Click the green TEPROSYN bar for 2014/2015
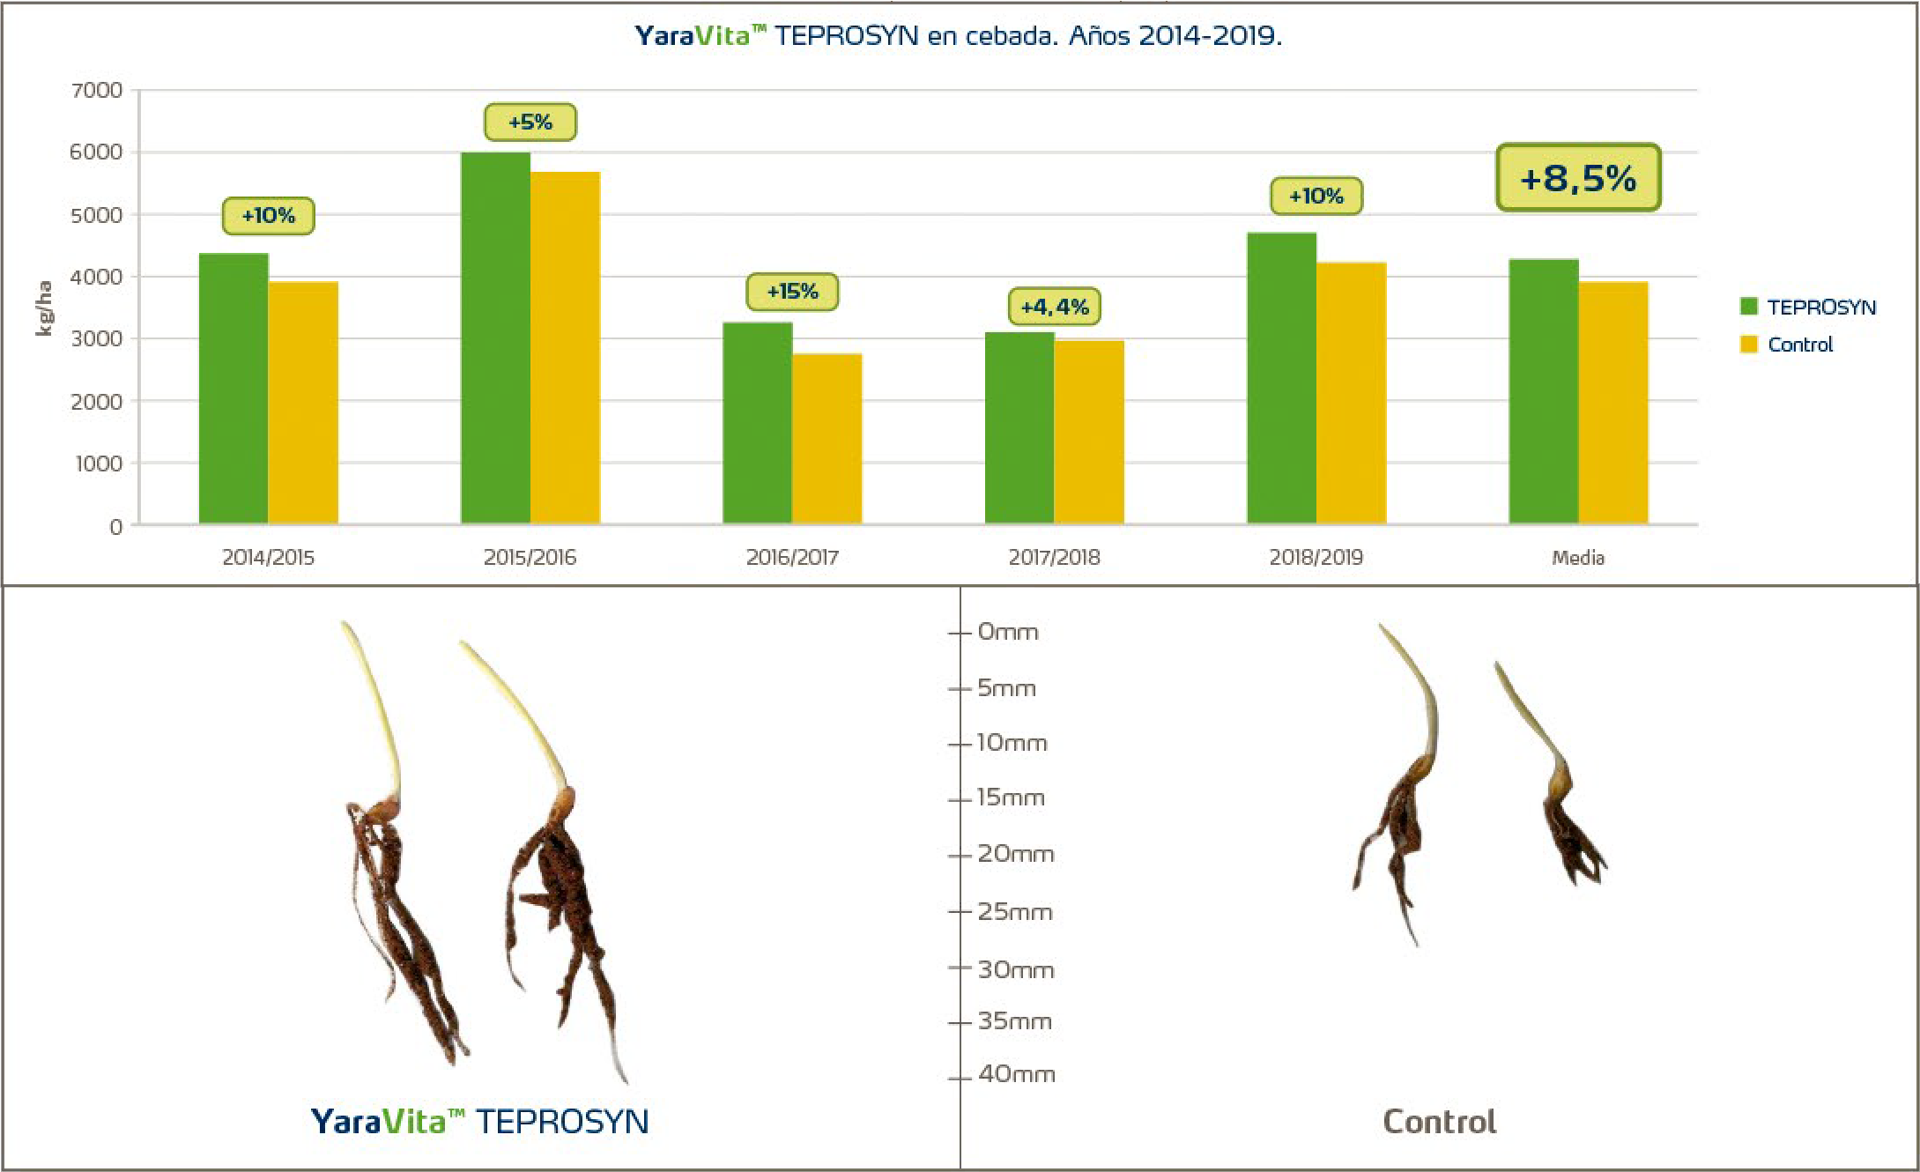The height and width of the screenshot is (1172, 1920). pyautogui.click(x=234, y=388)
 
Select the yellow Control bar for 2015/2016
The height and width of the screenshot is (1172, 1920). pyautogui.click(x=565, y=348)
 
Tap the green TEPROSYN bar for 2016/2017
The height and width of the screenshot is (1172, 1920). pyautogui.click(x=757, y=423)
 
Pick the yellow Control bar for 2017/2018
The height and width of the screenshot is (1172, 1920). pyautogui.click(x=1089, y=432)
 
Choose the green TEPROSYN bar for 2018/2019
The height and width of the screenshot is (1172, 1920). pyautogui.click(x=1281, y=379)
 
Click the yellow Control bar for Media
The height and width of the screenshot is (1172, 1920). pyautogui.click(x=1612, y=403)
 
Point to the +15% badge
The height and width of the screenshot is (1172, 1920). pyautogui.click(x=792, y=292)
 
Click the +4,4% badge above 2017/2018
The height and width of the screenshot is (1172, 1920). pyautogui.click(x=1054, y=307)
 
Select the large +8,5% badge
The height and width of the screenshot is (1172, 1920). pyautogui.click(x=1578, y=178)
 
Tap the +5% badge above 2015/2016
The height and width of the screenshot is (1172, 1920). pyautogui.click(x=530, y=122)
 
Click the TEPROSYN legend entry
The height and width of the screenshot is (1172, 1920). pyautogui.click(x=1808, y=307)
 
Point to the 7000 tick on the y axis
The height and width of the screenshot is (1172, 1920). pyautogui.click(x=97, y=90)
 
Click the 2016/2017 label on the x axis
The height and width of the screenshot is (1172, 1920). pyautogui.click(x=792, y=557)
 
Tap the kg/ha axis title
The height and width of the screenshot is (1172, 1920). pyautogui.click(x=43, y=308)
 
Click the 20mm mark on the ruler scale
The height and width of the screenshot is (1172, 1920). pyautogui.click(x=1015, y=854)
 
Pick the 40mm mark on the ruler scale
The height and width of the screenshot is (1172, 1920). pyautogui.click(x=1016, y=1074)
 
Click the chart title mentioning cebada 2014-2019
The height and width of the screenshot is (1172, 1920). pyautogui.click(x=959, y=35)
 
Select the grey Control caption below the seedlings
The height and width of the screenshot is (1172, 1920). pyautogui.click(x=1439, y=1122)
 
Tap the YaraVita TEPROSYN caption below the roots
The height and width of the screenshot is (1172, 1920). pyautogui.click(x=480, y=1122)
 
